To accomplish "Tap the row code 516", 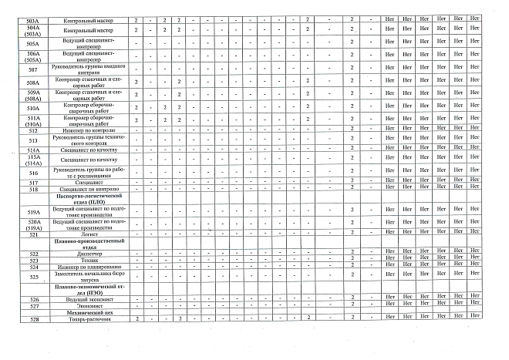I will (32, 173).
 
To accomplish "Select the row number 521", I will (32, 233).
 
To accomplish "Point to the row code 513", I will (32, 140).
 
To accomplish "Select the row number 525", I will (32, 276).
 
